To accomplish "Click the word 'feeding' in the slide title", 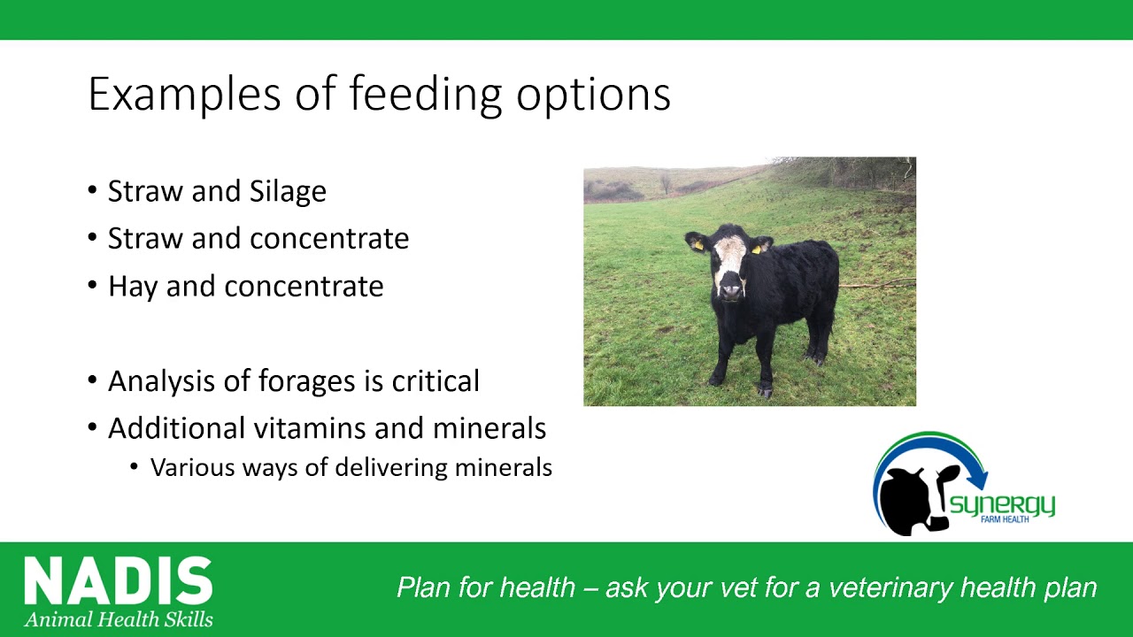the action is pos(426,95).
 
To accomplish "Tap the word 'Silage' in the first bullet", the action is pos(288,192).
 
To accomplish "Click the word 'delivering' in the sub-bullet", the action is pos(391,468).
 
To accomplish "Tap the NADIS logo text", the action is pos(119,579).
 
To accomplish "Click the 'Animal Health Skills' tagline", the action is pos(119,619).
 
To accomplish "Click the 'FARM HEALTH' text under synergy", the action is pos(1005,519).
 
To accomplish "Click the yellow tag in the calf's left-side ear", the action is pos(698,245).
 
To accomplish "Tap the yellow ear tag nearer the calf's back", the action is pos(757,249).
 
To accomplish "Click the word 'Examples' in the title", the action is pos(184,95).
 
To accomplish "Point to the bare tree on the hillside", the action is pos(666,183).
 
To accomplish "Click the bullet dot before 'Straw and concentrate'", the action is pos(92,236).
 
